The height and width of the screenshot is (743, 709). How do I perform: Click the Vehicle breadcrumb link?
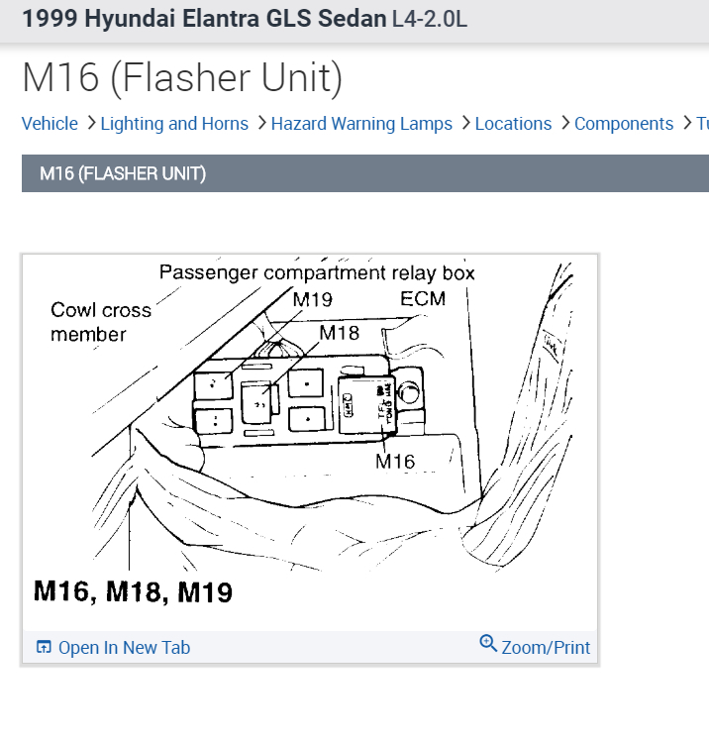[50, 124]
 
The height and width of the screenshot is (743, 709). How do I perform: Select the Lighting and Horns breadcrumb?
[174, 124]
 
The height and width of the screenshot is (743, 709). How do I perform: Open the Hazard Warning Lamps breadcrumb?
[361, 124]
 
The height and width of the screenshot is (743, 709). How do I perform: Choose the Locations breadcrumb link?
[513, 124]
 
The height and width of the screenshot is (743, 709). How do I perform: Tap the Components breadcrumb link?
[624, 124]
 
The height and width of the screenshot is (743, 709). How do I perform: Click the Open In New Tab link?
[124, 648]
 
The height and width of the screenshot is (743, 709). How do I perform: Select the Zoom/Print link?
[546, 648]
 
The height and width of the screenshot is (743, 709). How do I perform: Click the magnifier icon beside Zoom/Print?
[488, 644]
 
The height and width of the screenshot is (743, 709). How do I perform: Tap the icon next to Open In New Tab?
[44, 648]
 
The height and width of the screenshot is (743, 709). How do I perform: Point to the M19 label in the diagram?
[313, 299]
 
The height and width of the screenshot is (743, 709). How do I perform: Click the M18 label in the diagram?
[340, 333]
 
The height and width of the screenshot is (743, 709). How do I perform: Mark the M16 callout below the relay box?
[395, 461]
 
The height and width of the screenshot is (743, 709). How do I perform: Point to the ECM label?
[423, 298]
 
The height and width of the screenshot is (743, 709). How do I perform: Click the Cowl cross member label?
[100, 322]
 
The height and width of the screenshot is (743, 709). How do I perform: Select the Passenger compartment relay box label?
[317, 272]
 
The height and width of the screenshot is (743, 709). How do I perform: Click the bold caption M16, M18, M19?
[134, 592]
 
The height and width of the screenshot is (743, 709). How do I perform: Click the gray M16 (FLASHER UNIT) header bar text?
[123, 174]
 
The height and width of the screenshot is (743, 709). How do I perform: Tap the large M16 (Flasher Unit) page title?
[182, 78]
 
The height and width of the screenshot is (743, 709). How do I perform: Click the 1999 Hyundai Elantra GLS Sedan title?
[204, 19]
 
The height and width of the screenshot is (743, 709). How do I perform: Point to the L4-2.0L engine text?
[429, 19]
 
